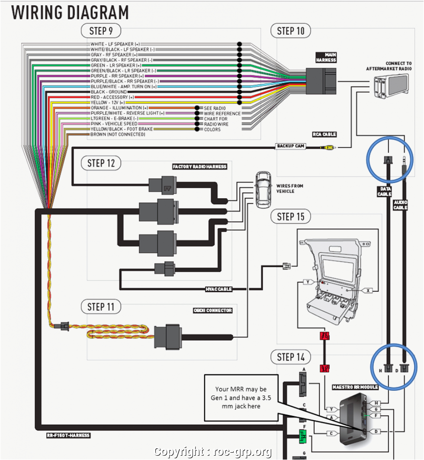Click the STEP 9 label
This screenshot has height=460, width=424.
100,31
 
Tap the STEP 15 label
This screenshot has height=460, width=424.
291,216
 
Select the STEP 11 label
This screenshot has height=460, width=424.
101,306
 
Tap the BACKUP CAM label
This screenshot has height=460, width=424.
291,146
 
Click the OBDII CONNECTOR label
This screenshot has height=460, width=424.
212,310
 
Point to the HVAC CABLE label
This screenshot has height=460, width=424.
218,289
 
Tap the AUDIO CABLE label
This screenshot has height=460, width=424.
400,205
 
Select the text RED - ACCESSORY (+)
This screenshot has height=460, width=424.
112,97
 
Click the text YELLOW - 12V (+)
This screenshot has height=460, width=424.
107,103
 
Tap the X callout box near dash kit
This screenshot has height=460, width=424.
368,290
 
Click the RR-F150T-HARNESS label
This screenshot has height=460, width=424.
68,435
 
